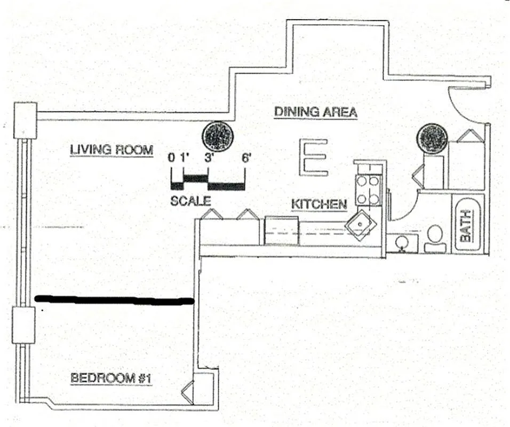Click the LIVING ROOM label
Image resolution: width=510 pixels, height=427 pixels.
111,150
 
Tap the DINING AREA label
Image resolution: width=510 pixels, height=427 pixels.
315,112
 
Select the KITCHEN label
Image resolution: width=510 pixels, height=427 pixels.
319,204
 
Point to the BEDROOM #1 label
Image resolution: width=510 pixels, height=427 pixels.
111,378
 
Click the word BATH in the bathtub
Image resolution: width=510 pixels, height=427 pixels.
466,226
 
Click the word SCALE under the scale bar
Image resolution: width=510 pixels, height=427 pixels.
190,201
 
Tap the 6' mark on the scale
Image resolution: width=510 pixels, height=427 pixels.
246,158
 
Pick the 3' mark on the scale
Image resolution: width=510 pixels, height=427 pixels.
208,158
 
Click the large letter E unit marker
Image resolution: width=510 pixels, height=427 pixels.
314,157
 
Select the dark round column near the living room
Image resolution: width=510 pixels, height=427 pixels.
218,136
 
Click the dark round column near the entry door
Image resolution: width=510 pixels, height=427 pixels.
432,139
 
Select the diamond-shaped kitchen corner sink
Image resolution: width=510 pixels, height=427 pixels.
361,225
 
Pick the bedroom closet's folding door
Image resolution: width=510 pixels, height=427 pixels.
187,392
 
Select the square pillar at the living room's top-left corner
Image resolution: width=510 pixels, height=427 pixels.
26,121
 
